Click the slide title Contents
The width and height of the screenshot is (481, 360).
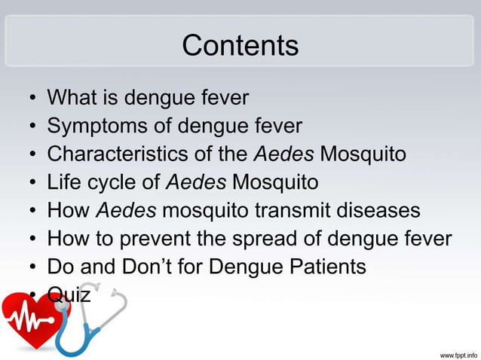[240, 46]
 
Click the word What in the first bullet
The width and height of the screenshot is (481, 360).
[71, 98]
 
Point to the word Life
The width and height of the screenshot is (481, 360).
[63, 182]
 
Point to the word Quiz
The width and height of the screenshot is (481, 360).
[69, 294]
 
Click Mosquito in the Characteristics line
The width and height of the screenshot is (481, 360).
[363, 154]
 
